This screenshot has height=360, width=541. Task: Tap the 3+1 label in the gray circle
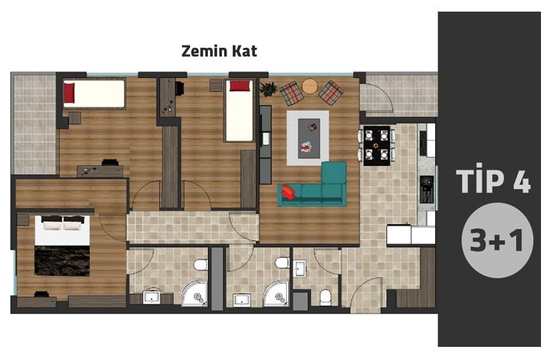(x=496, y=240)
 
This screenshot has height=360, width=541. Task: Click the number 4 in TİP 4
(x=522, y=181)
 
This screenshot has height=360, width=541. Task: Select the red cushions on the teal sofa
(x=288, y=192)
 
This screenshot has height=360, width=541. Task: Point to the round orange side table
(x=309, y=87)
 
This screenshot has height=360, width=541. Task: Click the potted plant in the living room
(x=268, y=89)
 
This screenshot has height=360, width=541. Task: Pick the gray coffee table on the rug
(x=309, y=138)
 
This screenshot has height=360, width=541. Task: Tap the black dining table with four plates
(x=376, y=145)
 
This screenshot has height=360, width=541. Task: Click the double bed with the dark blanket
(x=62, y=245)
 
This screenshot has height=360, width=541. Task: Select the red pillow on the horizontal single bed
(x=69, y=93)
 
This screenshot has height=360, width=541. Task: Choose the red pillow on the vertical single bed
(x=240, y=86)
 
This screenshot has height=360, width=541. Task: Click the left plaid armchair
(x=291, y=93)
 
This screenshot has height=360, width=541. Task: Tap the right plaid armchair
(x=331, y=93)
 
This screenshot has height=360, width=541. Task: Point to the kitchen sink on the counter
(x=427, y=189)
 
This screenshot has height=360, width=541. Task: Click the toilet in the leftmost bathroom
(x=200, y=265)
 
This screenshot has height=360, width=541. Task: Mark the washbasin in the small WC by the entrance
(x=300, y=268)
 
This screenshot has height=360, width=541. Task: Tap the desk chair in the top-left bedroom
(x=111, y=162)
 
